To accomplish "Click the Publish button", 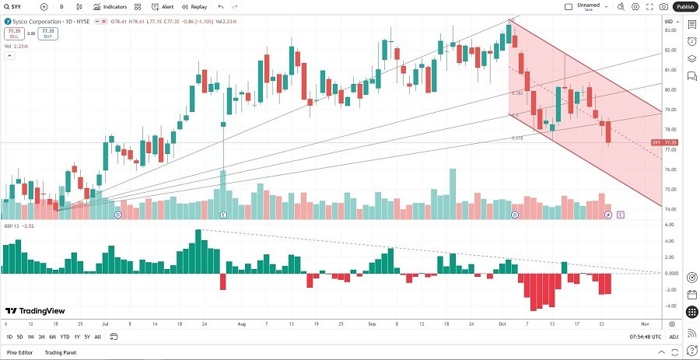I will pyautogui.click(x=684, y=6).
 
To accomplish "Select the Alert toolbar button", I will pyautogui.click(x=163, y=6).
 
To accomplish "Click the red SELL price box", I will pyautogui.click(x=12, y=33).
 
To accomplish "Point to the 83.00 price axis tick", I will pyautogui.click(x=670, y=30).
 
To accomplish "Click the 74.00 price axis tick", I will pyautogui.click(x=670, y=210).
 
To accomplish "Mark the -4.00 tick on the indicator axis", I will pyautogui.click(x=670, y=306).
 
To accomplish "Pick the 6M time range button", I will pyautogui.click(x=52, y=337).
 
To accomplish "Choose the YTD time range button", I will pyautogui.click(x=65, y=337).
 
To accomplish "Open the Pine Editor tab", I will pyautogui.click(x=20, y=352).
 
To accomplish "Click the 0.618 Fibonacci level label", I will pyautogui.click(x=516, y=138).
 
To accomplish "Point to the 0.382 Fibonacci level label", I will pyautogui.click(x=516, y=93).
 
